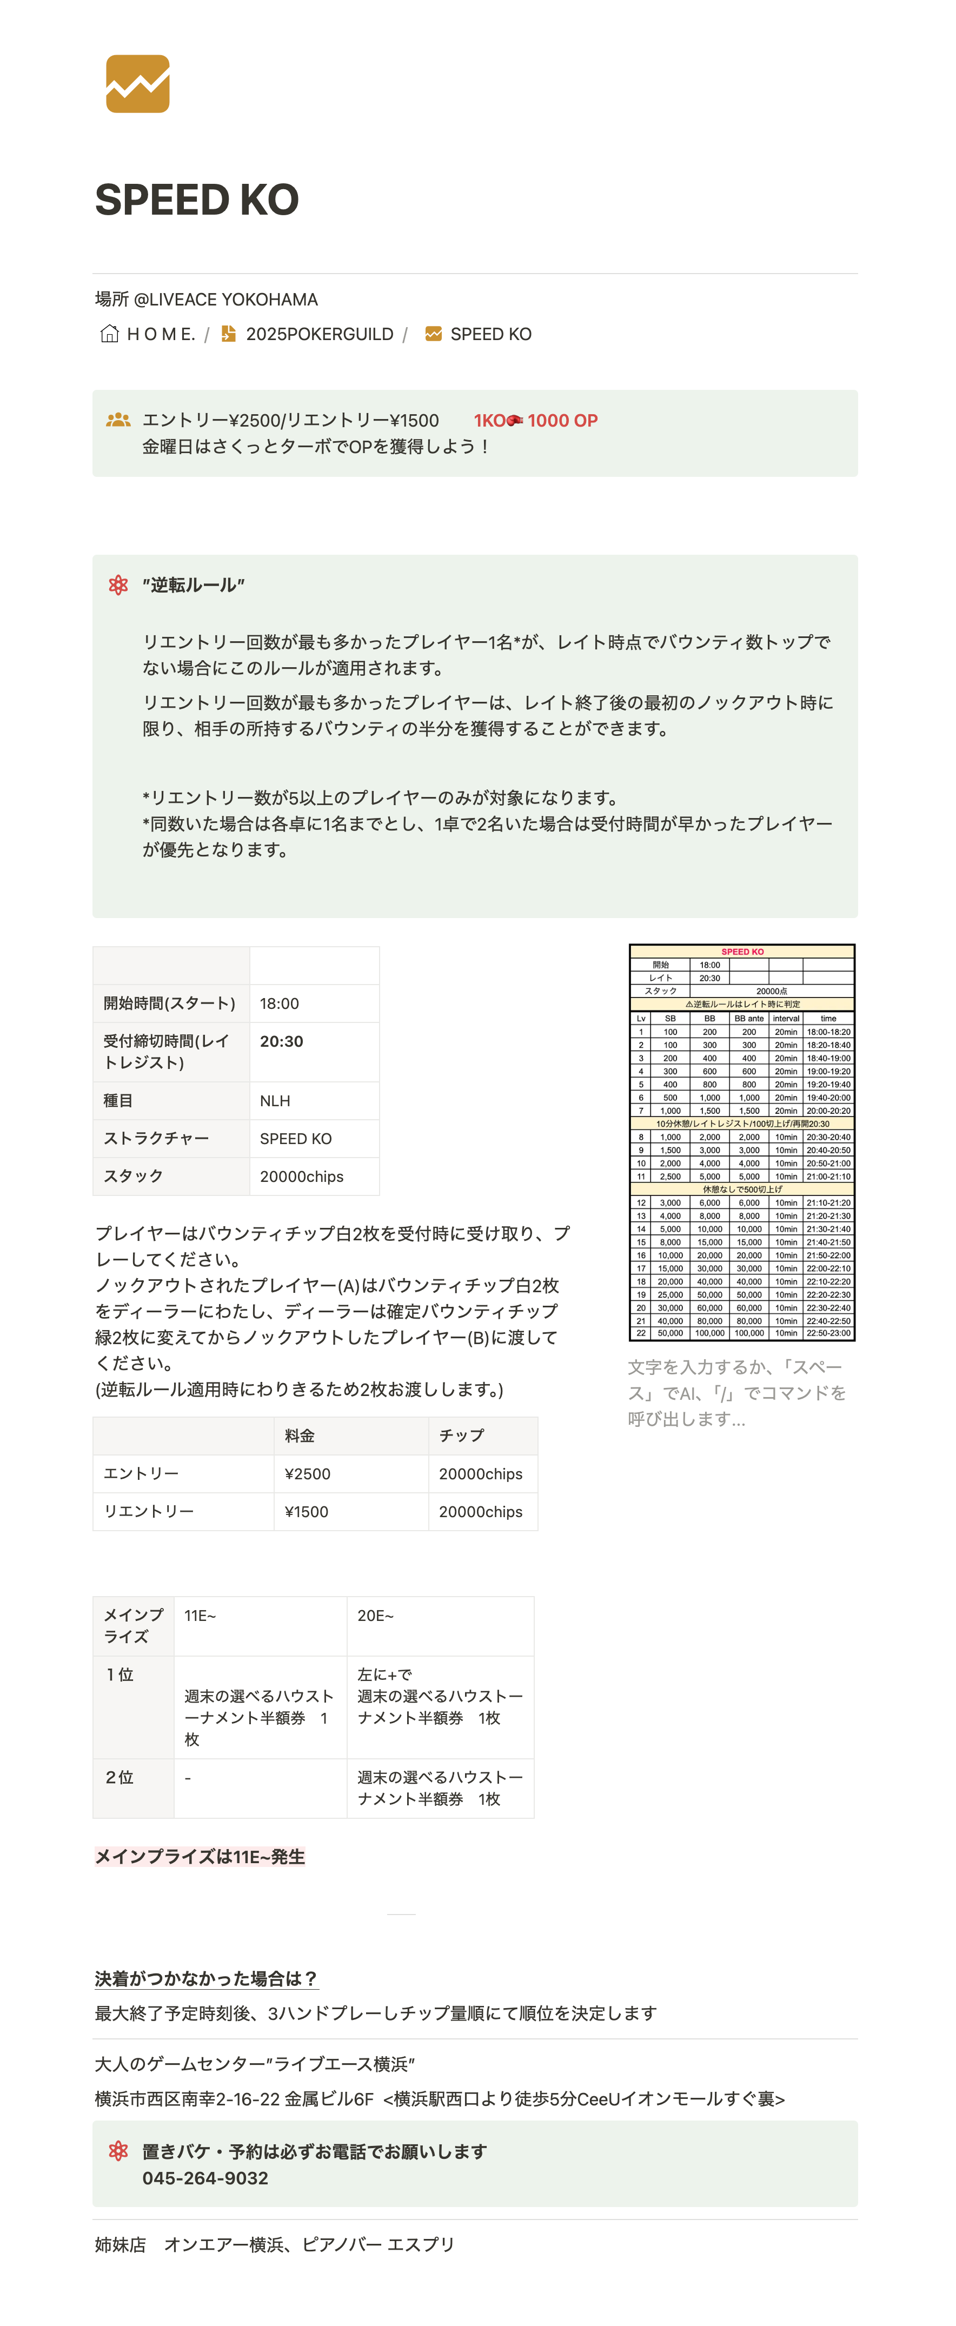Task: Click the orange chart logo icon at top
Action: (x=137, y=84)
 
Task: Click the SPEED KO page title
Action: (x=197, y=200)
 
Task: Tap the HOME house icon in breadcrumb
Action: (x=109, y=334)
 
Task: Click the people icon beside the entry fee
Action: (x=118, y=421)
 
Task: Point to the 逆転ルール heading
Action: (x=193, y=585)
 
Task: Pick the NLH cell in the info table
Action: (x=275, y=1101)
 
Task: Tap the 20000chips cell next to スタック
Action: (x=302, y=1177)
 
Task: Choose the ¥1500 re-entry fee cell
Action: (x=306, y=1512)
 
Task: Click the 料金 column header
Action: (x=300, y=1436)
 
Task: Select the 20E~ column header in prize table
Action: (x=376, y=1616)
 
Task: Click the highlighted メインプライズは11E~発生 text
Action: (x=200, y=1857)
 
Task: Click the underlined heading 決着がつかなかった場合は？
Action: (x=206, y=1978)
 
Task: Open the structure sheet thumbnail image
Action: (x=741, y=1142)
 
